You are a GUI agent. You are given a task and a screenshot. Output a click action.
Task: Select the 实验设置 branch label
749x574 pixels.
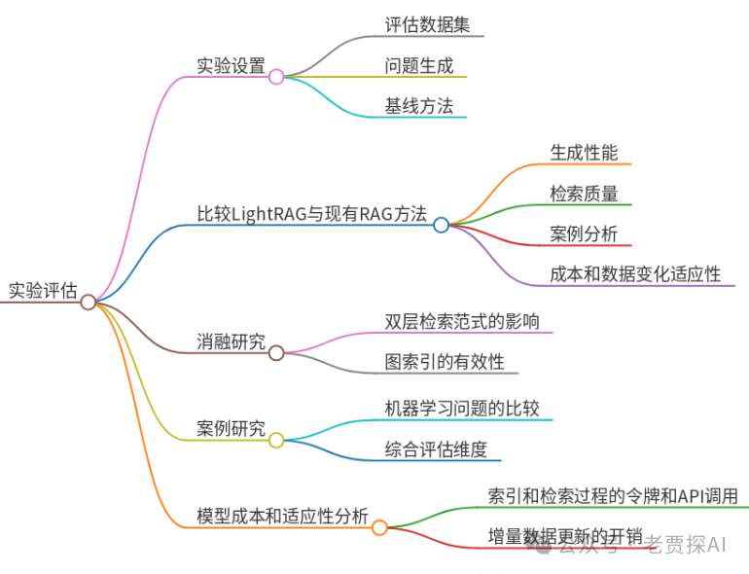(x=231, y=65)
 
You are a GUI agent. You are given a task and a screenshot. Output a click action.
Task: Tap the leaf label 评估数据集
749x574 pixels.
(x=427, y=25)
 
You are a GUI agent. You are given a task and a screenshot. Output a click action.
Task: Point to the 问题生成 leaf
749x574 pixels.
(x=418, y=66)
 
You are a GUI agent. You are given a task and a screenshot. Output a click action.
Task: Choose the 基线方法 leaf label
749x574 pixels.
(x=418, y=106)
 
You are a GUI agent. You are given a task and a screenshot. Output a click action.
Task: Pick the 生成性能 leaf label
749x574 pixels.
(x=584, y=153)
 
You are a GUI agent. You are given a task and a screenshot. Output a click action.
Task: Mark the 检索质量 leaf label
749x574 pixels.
(x=584, y=194)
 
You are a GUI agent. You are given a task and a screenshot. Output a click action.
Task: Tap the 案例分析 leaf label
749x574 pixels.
(x=584, y=234)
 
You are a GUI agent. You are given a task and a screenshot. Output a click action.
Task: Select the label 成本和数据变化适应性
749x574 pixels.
(x=635, y=274)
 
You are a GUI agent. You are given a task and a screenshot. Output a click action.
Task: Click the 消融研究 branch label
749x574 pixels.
(x=231, y=341)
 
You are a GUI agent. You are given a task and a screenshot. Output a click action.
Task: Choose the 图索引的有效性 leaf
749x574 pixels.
(x=445, y=362)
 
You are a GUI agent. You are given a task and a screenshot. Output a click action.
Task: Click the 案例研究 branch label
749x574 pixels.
(x=231, y=429)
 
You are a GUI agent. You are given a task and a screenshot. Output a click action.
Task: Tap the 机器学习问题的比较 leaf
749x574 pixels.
(x=461, y=409)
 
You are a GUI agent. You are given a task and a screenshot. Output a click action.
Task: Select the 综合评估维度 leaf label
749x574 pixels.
(x=443, y=448)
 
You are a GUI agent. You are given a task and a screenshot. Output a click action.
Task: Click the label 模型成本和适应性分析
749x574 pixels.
(x=282, y=517)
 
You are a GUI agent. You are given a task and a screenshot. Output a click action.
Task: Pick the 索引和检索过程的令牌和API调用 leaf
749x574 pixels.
(x=613, y=496)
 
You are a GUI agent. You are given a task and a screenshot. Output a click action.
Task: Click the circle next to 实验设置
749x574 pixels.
(x=276, y=76)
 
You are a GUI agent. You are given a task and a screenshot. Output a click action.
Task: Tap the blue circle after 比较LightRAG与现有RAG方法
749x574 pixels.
(x=441, y=225)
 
